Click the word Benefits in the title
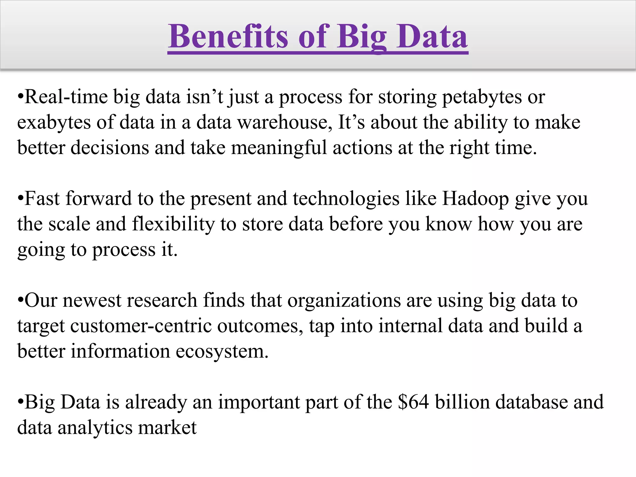pos(229,37)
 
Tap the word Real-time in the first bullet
pos(66,97)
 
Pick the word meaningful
pos(279,148)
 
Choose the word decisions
pos(110,148)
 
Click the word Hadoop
pos(475,199)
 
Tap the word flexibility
pos(173,224)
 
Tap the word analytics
pos(95,428)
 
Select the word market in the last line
pos(167,428)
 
